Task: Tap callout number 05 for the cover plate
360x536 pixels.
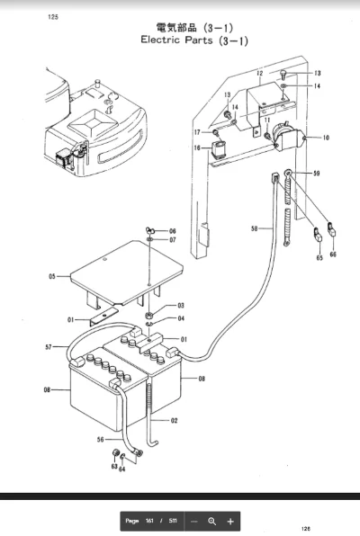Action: [x=52, y=275]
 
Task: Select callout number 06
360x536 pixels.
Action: [x=172, y=231]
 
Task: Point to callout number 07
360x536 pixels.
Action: [x=172, y=241]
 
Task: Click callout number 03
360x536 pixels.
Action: [x=180, y=306]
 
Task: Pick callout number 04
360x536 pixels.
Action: [x=180, y=318]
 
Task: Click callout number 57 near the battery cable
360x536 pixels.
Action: [x=49, y=346]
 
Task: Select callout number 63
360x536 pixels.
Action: [x=114, y=467]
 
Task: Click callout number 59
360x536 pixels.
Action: [x=316, y=172]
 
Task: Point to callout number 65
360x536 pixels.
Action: [x=319, y=257]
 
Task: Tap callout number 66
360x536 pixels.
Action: [x=333, y=255]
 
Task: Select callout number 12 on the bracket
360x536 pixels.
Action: [x=258, y=72]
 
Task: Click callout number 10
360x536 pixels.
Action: [x=327, y=139]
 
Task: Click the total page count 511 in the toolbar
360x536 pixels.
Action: [x=171, y=521]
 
